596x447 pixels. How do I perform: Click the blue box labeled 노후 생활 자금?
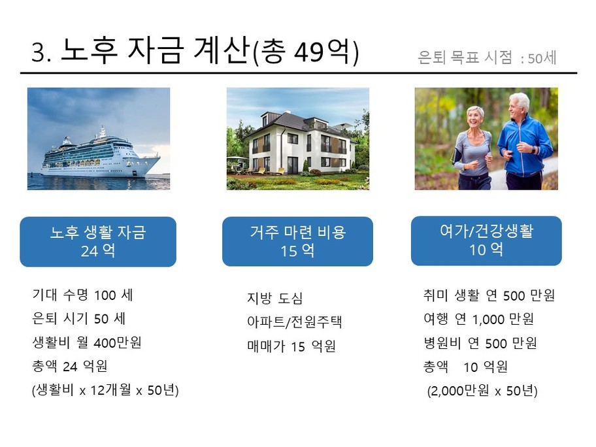(98, 242)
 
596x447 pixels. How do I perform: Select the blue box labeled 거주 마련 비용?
(297, 241)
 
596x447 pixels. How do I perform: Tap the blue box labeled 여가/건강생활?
(486, 240)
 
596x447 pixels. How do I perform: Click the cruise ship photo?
(99, 139)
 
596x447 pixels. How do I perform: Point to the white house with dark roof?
(300, 142)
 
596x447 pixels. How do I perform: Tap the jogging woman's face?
(474, 118)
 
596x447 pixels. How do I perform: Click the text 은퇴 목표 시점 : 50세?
(488, 58)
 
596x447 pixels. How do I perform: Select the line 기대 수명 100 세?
(82, 295)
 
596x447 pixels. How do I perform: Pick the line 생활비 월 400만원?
(87, 342)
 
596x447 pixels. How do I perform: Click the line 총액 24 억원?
(69, 366)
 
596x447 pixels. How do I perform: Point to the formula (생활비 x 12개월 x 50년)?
(105, 390)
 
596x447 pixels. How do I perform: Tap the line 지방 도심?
(275, 298)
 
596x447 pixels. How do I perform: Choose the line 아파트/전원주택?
(295, 322)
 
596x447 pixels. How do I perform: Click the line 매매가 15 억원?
(291, 346)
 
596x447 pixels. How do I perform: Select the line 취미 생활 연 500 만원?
(489, 295)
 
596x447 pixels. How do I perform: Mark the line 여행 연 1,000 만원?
(478, 320)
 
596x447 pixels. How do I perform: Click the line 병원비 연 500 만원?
(480, 343)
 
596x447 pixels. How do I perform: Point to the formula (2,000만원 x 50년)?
(482, 391)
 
